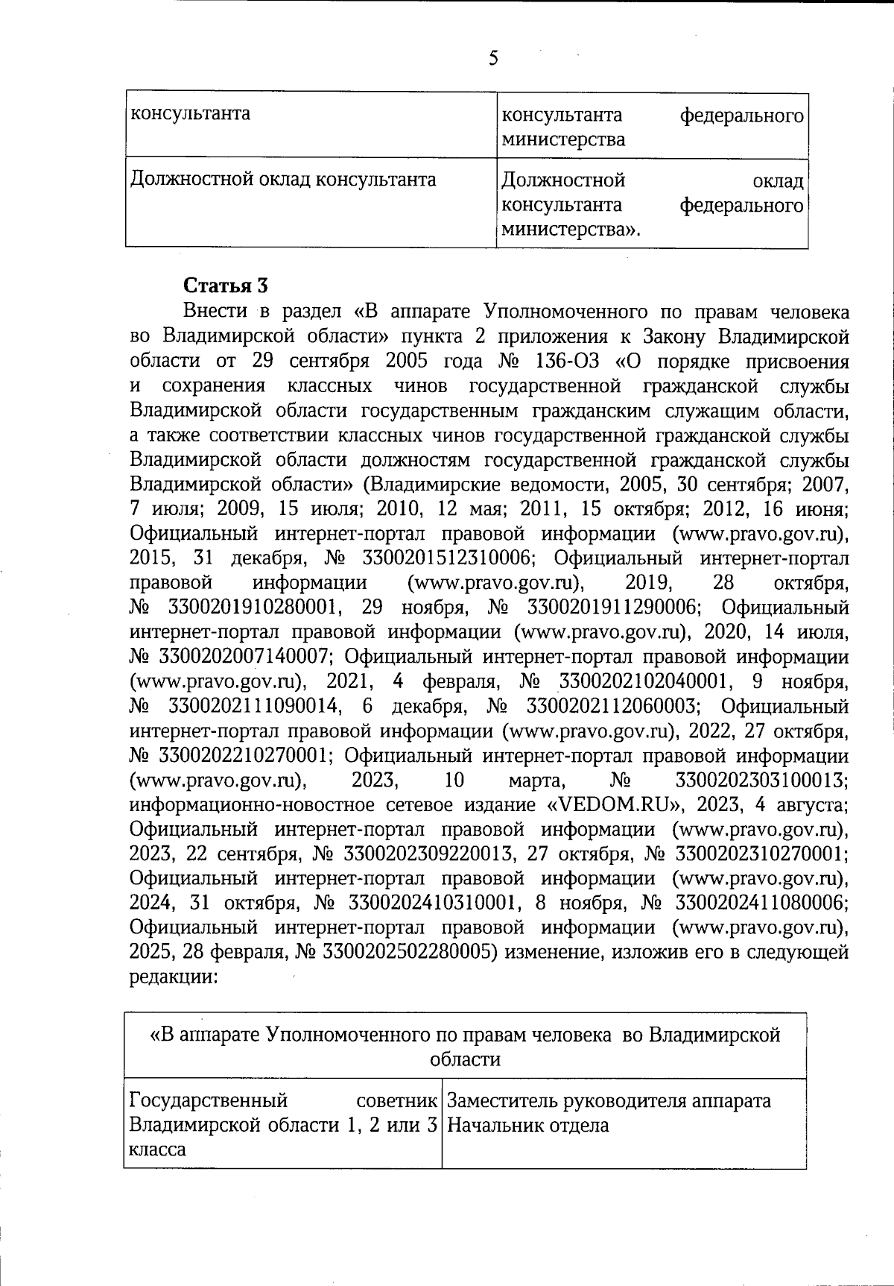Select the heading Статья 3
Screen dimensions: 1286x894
(x=225, y=286)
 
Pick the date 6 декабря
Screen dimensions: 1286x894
(x=414, y=706)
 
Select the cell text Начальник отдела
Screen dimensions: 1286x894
(x=527, y=1125)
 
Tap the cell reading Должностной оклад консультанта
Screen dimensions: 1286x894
(x=283, y=180)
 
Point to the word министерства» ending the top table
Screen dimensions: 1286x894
(x=571, y=229)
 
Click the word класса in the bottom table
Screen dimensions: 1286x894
(x=157, y=1149)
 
